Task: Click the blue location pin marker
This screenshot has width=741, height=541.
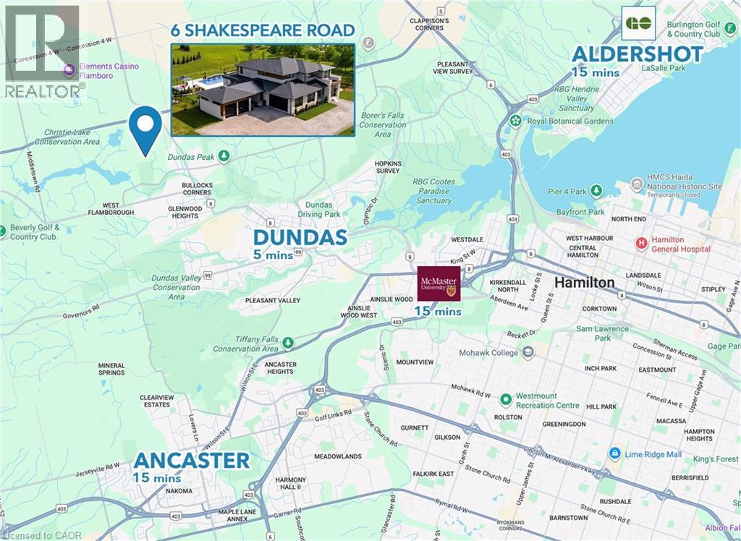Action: tap(145, 127)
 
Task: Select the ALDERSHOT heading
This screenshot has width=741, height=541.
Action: tap(637, 54)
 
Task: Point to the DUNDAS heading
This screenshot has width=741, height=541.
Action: tap(300, 238)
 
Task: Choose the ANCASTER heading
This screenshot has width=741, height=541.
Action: tap(191, 460)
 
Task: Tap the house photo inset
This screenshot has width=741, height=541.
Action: tap(263, 90)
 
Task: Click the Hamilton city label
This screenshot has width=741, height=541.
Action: tap(585, 282)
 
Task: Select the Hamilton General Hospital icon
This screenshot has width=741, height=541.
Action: tap(640, 244)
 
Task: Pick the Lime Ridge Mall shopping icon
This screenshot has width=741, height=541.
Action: tap(615, 453)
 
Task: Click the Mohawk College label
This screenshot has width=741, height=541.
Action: tap(489, 353)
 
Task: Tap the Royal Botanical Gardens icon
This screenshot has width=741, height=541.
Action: tap(515, 121)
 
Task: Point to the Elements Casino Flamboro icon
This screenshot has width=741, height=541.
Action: tap(69, 70)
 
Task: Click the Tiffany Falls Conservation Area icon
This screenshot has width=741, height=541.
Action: tap(288, 343)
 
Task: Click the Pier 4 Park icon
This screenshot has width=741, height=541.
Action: tap(596, 191)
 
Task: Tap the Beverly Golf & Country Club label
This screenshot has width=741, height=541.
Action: tap(33, 232)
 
